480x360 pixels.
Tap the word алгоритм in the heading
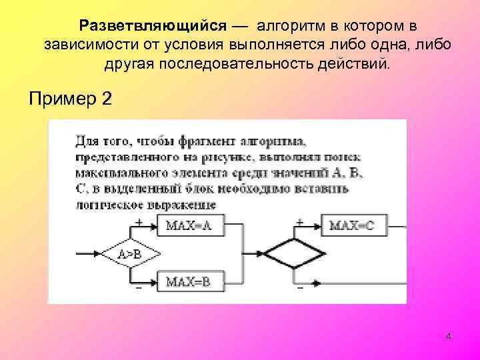292,25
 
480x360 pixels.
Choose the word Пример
61,99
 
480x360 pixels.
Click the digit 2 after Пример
107,99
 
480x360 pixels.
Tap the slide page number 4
448,337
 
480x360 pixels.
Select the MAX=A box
189,225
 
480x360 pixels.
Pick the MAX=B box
189,282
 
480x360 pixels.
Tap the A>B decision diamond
130,254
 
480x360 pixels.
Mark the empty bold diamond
294,254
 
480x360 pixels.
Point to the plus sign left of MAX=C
299,220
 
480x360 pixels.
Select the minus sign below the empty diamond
300,288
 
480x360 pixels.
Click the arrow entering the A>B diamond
89,254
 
